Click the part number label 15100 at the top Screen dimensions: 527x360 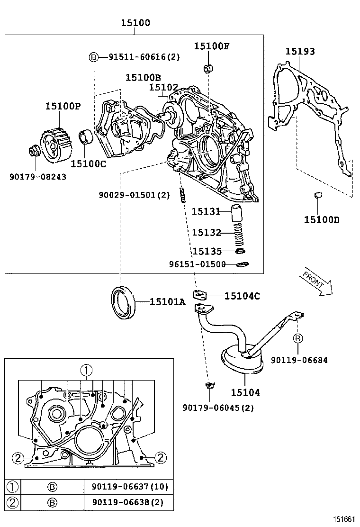(135, 23)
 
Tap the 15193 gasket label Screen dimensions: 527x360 (299, 52)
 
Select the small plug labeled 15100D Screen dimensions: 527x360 (318, 195)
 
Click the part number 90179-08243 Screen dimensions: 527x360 (38, 177)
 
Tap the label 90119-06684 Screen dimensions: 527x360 (299, 360)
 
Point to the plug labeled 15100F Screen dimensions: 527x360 (207, 69)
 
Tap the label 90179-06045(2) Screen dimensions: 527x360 (218, 408)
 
